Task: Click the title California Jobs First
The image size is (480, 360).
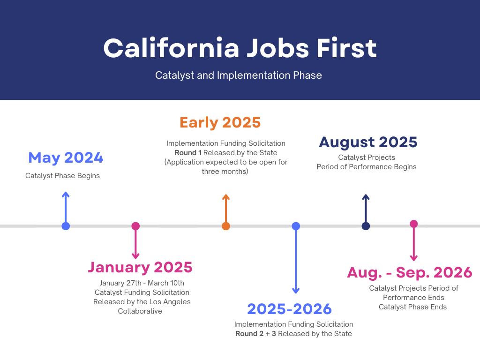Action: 240,48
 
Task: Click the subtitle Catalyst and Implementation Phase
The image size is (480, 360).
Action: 239,75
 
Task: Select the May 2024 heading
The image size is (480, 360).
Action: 66,157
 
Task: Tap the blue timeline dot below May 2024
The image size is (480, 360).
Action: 66,226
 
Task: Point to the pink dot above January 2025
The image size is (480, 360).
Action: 135,226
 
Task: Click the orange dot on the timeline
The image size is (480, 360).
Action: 226,226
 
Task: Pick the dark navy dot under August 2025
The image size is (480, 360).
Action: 366,226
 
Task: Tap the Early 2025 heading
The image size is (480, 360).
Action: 220,122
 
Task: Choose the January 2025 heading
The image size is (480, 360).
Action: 140,267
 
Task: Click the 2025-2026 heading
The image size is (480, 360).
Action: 289,309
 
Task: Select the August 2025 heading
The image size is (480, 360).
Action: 368,142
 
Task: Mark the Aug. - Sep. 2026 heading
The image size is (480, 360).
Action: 409,272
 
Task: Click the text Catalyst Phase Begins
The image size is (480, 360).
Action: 62,176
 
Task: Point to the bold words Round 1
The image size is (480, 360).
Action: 188,153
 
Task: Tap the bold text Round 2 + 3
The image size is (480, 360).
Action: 255,334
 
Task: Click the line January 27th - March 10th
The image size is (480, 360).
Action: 142,283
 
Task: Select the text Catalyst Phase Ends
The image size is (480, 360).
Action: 412,307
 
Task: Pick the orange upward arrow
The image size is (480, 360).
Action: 226,209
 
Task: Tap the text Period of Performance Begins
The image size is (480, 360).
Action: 366,167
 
